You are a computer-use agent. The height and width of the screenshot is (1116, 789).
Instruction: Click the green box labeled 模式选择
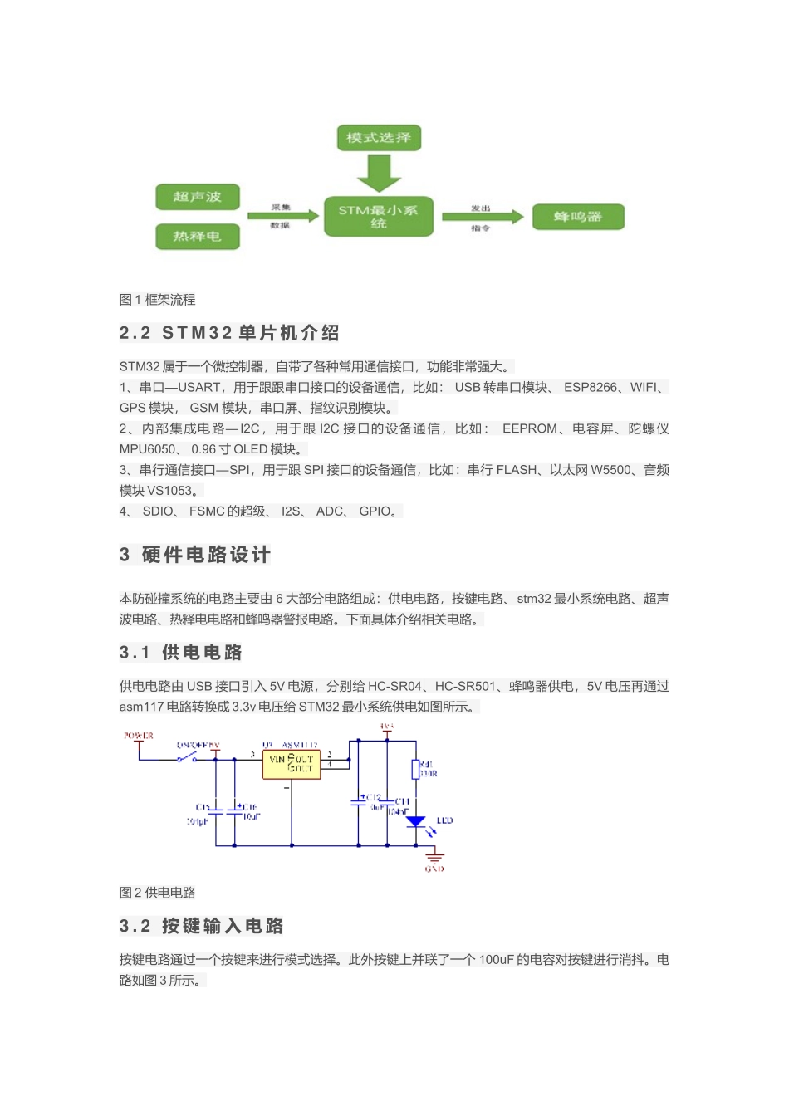tap(379, 138)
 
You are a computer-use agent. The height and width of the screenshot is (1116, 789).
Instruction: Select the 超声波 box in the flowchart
tap(198, 197)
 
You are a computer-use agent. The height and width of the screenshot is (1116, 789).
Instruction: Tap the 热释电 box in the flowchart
tap(198, 237)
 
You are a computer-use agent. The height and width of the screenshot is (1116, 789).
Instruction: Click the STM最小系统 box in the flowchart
tap(379, 217)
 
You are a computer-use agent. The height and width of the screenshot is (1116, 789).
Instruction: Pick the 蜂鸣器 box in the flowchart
tap(578, 217)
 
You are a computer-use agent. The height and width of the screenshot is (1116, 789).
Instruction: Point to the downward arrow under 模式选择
tap(379, 173)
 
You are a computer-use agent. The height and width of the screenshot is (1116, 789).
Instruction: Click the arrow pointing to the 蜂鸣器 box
tap(482, 217)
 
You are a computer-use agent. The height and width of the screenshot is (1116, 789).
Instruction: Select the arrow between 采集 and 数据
tap(282, 216)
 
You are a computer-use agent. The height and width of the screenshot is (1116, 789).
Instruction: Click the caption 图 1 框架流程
tap(158, 300)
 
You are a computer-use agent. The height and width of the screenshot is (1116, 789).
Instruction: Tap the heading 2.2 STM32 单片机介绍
tap(229, 333)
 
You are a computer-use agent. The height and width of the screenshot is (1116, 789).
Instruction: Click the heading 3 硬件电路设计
tap(195, 555)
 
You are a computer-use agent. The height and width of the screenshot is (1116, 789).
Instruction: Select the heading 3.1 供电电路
tap(181, 653)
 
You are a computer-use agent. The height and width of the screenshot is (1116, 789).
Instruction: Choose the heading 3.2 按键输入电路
tap(202, 926)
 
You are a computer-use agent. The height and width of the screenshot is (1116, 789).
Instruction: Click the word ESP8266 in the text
tap(591, 387)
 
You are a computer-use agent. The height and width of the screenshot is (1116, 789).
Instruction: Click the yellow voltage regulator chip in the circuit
tap(292, 764)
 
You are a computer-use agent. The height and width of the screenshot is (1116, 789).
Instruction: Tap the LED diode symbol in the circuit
tap(416, 822)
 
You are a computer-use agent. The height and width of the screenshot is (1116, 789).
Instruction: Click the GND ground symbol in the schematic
tap(434, 859)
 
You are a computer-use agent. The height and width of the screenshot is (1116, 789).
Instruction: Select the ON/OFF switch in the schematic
tap(188, 758)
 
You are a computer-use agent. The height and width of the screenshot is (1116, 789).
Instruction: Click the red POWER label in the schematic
tap(139, 736)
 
